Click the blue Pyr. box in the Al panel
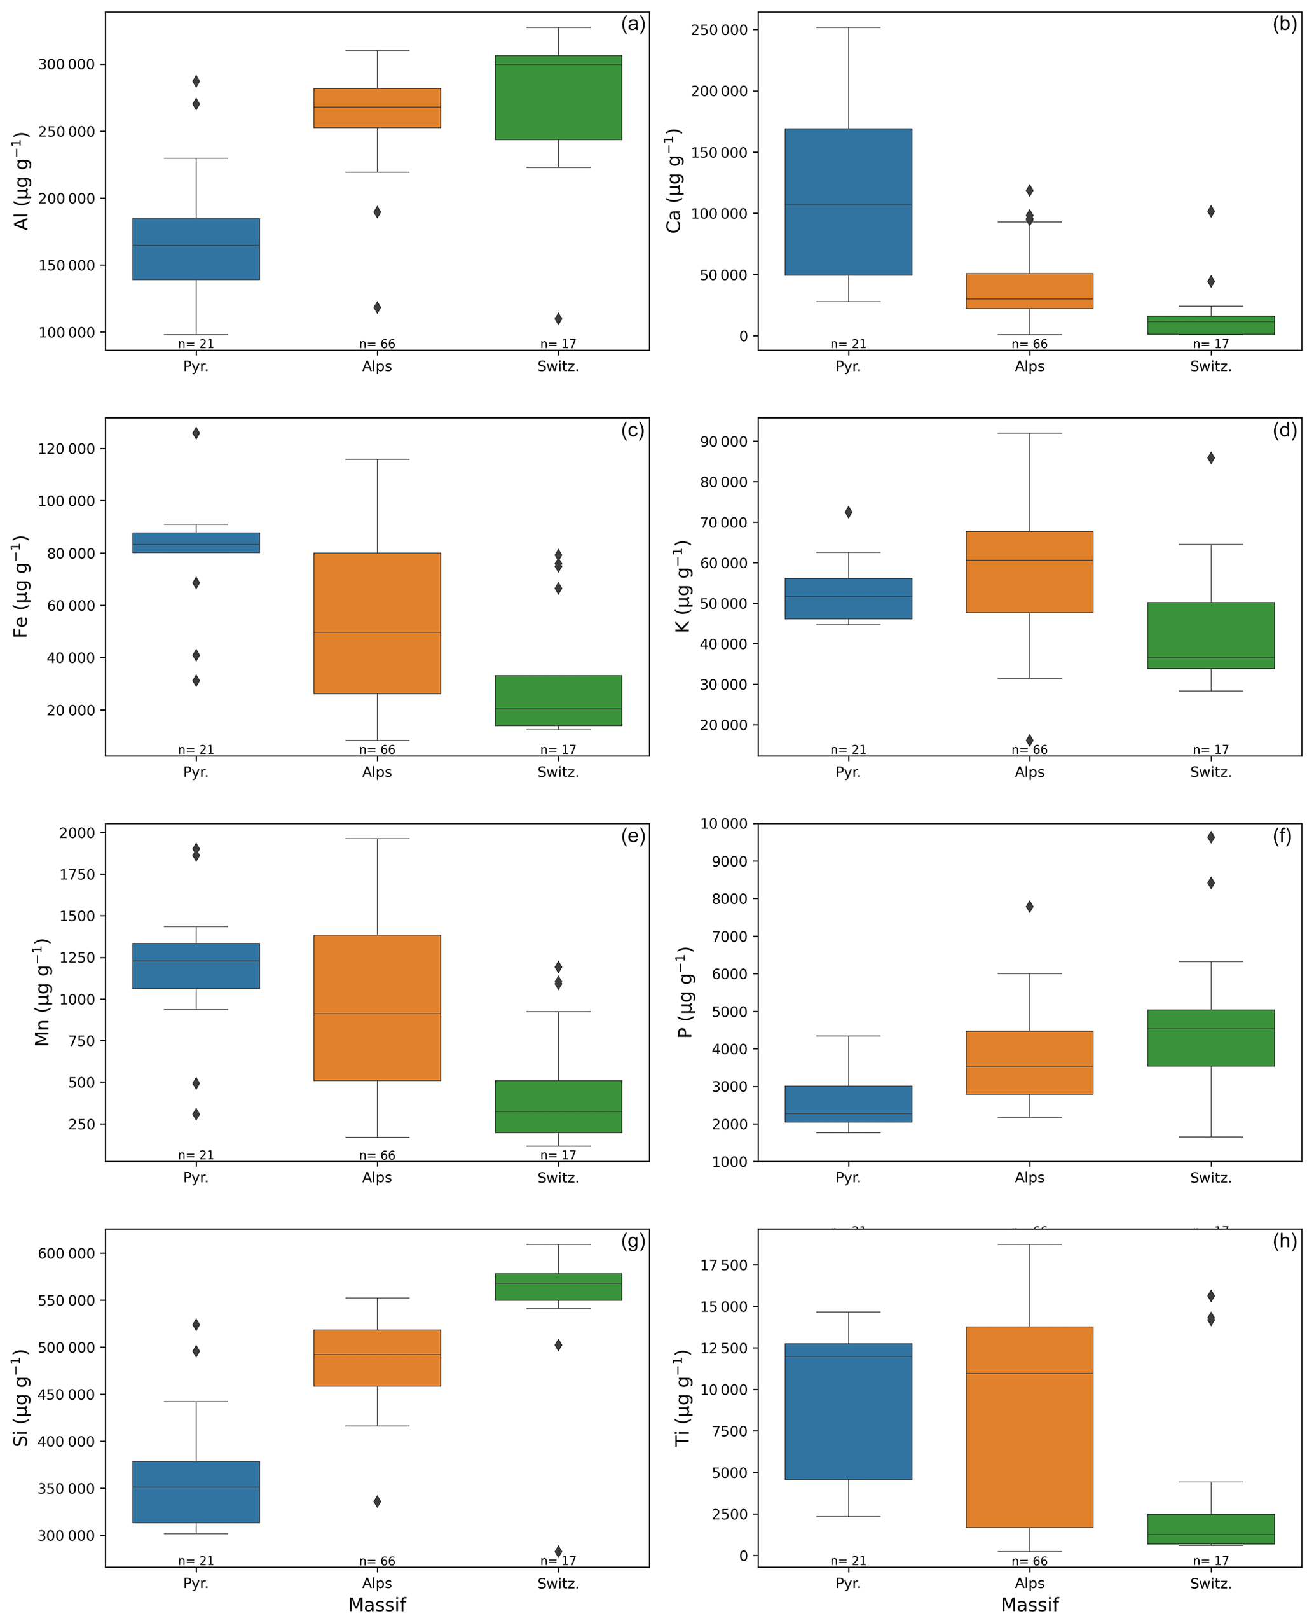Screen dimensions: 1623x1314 pos(196,249)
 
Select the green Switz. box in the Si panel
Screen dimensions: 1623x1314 pos(558,1286)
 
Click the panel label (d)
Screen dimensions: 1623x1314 pos(1285,430)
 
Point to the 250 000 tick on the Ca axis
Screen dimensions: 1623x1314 pos(719,31)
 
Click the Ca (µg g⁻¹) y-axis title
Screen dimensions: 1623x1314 pos(673,180)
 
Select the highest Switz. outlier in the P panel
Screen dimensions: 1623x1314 pos(1211,837)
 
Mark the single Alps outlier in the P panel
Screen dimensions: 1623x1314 pos(1029,907)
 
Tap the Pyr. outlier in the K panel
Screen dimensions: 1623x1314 pos(849,512)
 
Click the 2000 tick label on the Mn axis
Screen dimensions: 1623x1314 pos(77,833)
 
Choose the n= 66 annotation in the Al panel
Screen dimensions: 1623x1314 pos(377,344)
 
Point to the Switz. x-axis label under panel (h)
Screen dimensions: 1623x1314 pos(1210,1583)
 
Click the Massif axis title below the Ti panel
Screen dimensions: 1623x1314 pos(1029,1604)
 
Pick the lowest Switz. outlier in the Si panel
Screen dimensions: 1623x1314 pos(559,1551)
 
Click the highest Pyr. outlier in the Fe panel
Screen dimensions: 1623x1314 pos(196,433)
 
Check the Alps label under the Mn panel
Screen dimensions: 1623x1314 pos(377,1178)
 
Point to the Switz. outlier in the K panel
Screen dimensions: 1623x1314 pos(1211,457)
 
